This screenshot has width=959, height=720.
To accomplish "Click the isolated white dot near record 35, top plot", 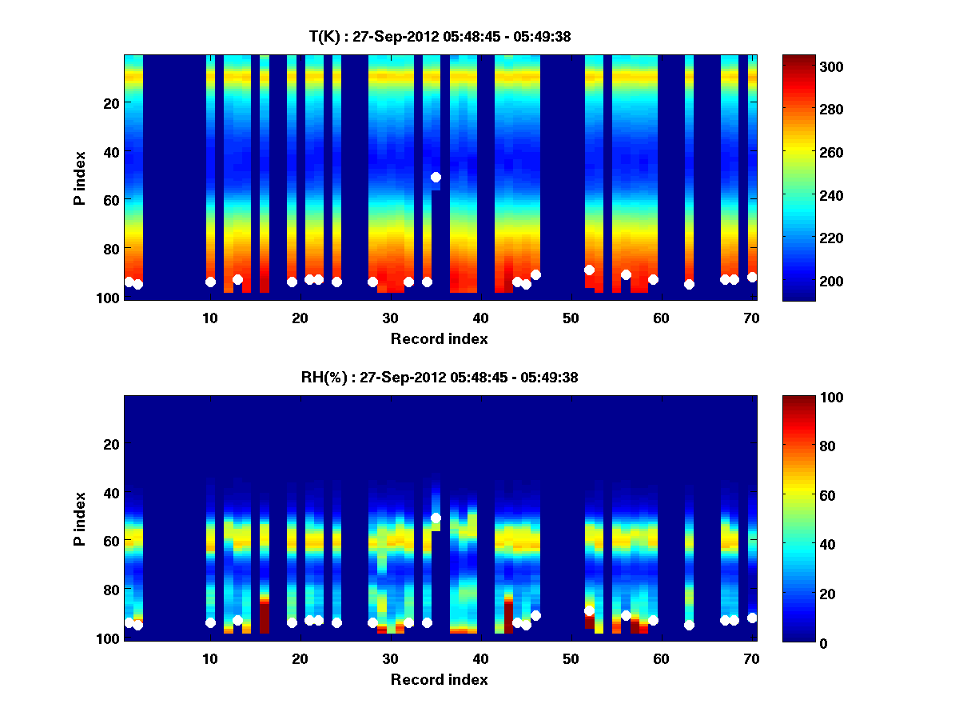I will pyautogui.click(x=436, y=177).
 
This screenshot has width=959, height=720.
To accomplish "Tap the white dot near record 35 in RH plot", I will pyautogui.click(x=436, y=518).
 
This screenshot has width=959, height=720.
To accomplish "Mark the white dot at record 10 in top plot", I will pyautogui.click(x=210, y=282).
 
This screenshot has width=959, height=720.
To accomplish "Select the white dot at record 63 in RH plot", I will pyautogui.click(x=689, y=625).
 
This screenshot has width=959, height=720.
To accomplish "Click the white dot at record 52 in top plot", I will pyautogui.click(x=589, y=270).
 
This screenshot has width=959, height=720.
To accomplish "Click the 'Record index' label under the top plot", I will pyautogui.click(x=439, y=338).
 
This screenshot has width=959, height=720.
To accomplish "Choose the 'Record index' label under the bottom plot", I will pyautogui.click(x=439, y=679).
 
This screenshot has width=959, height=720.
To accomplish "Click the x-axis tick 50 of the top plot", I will pyautogui.click(x=571, y=318).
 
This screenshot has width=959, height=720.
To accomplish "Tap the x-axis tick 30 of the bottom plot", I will pyautogui.click(x=390, y=658).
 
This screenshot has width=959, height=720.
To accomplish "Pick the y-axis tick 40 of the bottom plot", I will pyautogui.click(x=111, y=492).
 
